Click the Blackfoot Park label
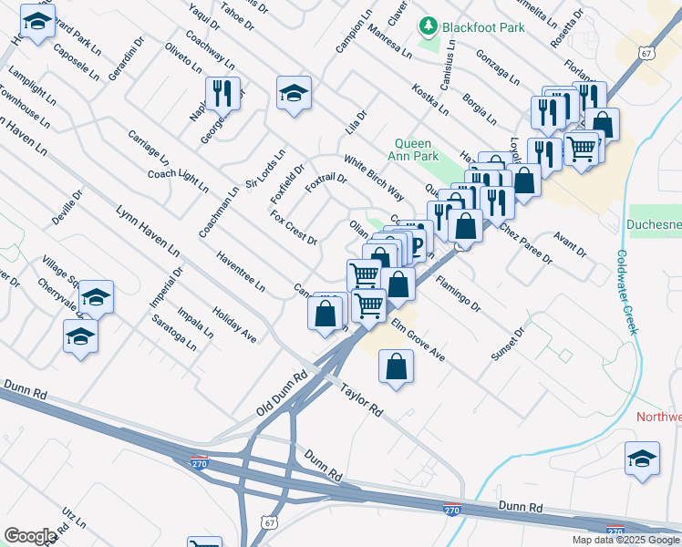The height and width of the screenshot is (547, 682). click(483, 27)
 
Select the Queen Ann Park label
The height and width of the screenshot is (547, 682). click(418, 150)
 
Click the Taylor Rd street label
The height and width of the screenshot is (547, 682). click(362, 399)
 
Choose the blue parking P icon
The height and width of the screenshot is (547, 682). click(417, 243)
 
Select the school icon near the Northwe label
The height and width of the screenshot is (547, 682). click(642, 459)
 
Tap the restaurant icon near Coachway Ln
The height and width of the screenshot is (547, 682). click(222, 92)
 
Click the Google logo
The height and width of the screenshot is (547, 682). click(30, 535)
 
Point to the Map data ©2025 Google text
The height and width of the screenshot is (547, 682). click(626, 540)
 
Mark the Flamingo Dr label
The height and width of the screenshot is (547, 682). click(458, 294)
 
